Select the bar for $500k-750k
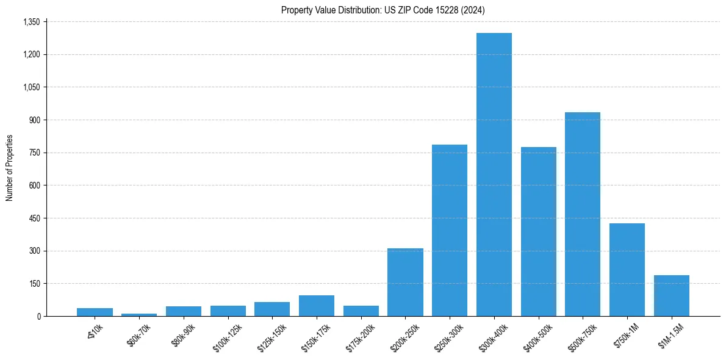point(583,214)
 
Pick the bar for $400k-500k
point(539,231)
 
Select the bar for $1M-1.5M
point(672,295)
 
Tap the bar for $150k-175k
point(317,306)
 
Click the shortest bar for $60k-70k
point(139,314)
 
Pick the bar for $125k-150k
point(272,309)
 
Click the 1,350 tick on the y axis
point(31,22)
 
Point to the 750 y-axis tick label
point(35,153)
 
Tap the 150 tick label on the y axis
point(35,284)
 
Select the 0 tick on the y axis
point(38,316)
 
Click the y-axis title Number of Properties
point(9,168)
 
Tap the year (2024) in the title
point(473,10)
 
